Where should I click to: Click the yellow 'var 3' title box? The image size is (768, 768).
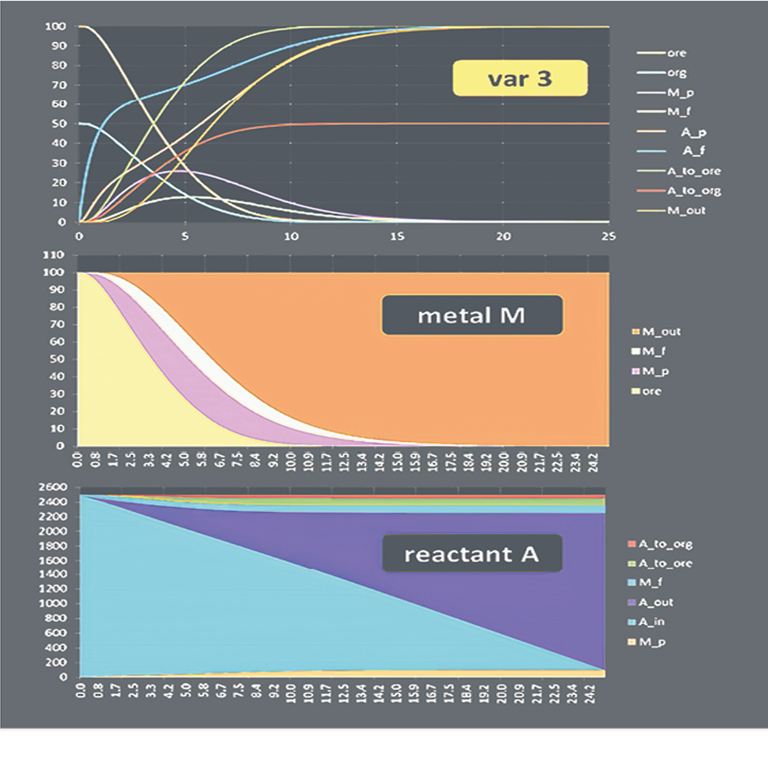pyautogui.click(x=520, y=78)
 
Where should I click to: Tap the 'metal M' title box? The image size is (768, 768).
pyautogui.click(x=472, y=315)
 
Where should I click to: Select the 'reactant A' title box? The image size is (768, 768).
pyautogui.click(x=472, y=554)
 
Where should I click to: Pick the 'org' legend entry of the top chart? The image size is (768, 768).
pyautogui.click(x=676, y=73)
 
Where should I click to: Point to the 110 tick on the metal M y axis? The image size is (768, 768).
pyautogui.click(x=54, y=255)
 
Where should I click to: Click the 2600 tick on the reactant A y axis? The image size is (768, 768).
pyautogui.click(x=55, y=487)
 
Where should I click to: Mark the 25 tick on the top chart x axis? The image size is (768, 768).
pyautogui.click(x=608, y=236)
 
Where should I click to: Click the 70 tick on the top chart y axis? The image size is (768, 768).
pyautogui.click(x=58, y=84)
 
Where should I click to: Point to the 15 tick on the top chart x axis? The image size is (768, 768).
pyautogui.click(x=397, y=236)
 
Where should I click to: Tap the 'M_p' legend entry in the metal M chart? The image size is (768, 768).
pyautogui.click(x=655, y=371)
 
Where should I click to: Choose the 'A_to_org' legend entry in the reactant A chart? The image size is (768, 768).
pyautogui.click(x=665, y=544)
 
